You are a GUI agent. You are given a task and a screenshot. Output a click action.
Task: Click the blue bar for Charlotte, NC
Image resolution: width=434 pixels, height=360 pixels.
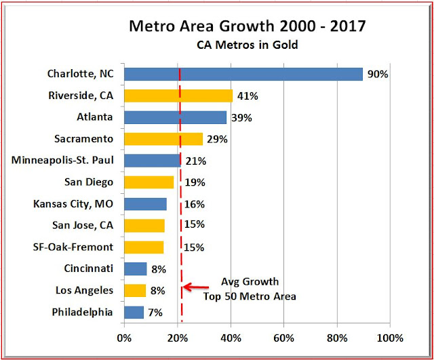pyautogui.click(x=243, y=74)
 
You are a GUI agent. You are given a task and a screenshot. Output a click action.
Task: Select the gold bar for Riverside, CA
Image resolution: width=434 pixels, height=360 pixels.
pyautogui.click(x=178, y=96)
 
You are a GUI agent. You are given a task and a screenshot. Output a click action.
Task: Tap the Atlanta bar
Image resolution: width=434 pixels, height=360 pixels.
pyautogui.click(x=175, y=117)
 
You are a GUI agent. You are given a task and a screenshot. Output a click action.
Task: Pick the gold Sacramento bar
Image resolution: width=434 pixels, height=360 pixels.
pyautogui.click(x=163, y=139)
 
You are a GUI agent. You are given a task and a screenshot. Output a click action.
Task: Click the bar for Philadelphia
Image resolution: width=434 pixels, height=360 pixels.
pyautogui.click(x=134, y=313)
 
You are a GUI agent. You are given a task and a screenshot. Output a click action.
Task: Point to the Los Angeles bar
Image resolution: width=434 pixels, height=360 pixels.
pyautogui.click(x=135, y=291)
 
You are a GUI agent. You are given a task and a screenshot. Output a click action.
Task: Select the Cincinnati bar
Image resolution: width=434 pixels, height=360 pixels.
pyautogui.click(x=135, y=269)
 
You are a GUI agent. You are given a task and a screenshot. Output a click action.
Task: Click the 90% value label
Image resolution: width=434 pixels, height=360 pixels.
pyautogui.click(x=377, y=75)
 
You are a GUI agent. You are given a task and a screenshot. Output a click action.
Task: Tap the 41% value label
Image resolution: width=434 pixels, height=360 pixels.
pyautogui.click(x=247, y=96)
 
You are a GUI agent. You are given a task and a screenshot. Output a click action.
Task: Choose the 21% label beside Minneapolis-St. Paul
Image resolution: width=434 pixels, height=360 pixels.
pyautogui.click(x=195, y=161)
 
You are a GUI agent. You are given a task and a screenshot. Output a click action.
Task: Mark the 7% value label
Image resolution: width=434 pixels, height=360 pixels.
pyautogui.click(x=156, y=313)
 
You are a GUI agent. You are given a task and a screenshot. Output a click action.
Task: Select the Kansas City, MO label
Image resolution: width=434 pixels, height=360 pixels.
pyautogui.click(x=73, y=204)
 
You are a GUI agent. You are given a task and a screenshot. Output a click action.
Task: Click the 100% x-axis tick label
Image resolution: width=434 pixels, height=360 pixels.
pyautogui.click(x=389, y=337)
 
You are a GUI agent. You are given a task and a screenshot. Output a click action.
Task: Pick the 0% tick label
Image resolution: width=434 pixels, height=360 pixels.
pyautogui.click(x=124, y=337)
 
